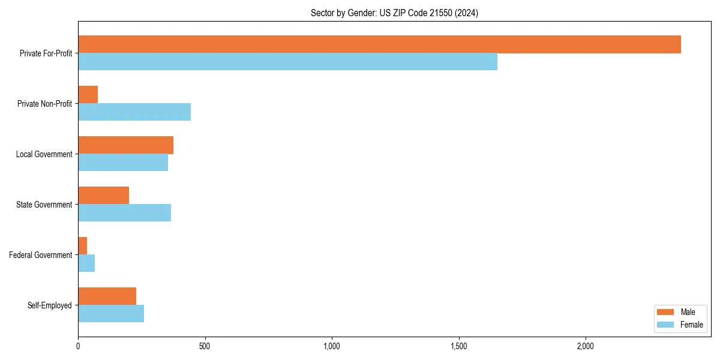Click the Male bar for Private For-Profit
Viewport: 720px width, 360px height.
tap(379, 44)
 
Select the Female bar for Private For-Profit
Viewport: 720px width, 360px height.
tap(287, 62)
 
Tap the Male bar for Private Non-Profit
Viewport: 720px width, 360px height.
tap(88, 95)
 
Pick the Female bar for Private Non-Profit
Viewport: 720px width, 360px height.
tap(134, 112)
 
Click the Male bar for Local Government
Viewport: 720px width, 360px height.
tap(125, 145)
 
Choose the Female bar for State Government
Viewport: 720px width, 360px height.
tap(124, 213)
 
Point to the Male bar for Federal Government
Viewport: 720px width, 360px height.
tap(83, 246)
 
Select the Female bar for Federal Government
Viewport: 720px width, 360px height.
tap(86, 263)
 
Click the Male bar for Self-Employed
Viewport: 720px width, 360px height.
tap(107, 296)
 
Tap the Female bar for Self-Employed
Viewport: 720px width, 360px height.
tap(111, 314)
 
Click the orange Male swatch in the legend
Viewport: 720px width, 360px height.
tap(666, 312)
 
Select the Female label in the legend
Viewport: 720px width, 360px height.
tap(692, 325)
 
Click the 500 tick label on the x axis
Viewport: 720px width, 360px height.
tap(205, 346)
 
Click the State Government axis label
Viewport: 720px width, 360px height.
tap(44, 205)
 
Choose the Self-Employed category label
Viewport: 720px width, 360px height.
tap(49, 305)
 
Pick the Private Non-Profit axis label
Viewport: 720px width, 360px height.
tap(44, 104)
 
